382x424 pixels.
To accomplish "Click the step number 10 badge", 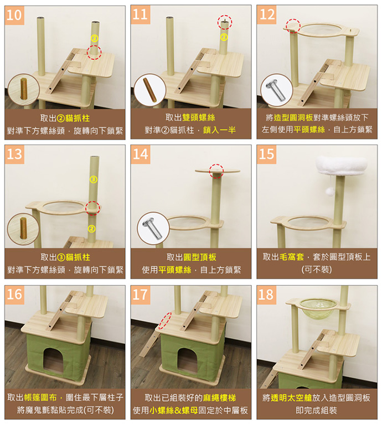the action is click(14, 15).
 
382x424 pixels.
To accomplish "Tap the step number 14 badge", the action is click(141, 154).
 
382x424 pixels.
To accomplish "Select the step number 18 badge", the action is click(266, 294).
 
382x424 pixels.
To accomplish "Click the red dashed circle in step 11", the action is click(225, 22).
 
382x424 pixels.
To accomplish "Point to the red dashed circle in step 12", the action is click(293, 26).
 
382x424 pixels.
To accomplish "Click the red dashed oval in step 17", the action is click(165, 320).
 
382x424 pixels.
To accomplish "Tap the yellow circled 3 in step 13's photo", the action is click(94, 179).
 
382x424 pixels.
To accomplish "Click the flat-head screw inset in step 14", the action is click(153, 228).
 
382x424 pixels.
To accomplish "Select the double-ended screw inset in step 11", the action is click(150, 90).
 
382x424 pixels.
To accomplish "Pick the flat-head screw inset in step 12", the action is click(276, 90).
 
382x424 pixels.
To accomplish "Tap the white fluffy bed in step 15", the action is click(342, 166).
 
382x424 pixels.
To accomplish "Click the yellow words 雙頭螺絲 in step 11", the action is click(199, 117).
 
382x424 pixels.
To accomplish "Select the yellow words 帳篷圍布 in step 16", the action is click(40, 397).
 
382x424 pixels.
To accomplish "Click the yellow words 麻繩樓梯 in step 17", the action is click(219, 397).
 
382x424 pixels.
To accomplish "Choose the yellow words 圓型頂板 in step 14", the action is click(200, 257).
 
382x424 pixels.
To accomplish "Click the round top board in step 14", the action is click(217, 171).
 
